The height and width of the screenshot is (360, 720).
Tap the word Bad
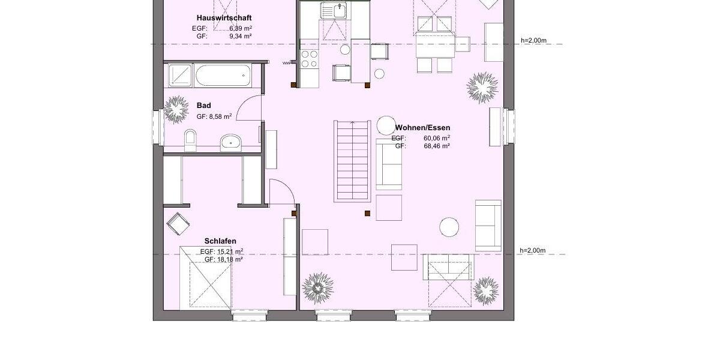coord(204,106)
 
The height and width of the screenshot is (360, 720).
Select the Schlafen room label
coord(220,241)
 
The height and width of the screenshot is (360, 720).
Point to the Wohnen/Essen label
coord(422,128)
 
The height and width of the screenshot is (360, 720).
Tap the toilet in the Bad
coord(190,139)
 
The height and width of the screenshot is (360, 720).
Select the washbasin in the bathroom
coord(230,142)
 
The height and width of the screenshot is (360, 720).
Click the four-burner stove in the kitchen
coord(309,59)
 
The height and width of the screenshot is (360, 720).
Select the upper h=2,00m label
coord(533,41)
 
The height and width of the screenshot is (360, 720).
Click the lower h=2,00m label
coord(533,250)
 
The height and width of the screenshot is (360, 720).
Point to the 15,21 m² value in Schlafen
coord(230,251)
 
